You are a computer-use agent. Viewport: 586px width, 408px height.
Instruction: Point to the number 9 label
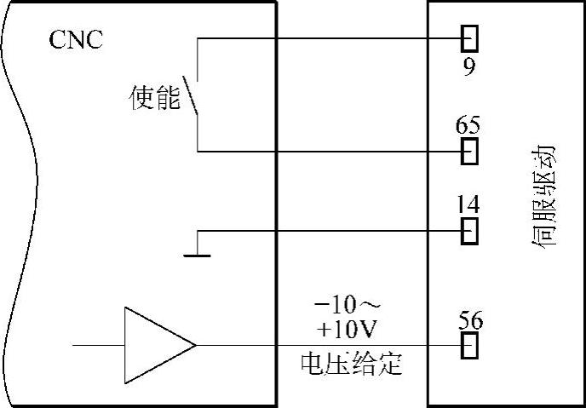point(469,66)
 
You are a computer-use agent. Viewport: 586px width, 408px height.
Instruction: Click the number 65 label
point(468,125)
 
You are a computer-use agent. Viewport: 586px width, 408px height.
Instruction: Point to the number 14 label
point(468,204)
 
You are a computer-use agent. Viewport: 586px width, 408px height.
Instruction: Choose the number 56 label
point(468,319)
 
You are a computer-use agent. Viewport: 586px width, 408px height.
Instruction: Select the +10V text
point(351,329)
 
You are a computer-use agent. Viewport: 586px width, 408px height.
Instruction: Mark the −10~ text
point(351,304)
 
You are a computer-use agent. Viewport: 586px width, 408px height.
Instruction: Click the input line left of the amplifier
point(98,345)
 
